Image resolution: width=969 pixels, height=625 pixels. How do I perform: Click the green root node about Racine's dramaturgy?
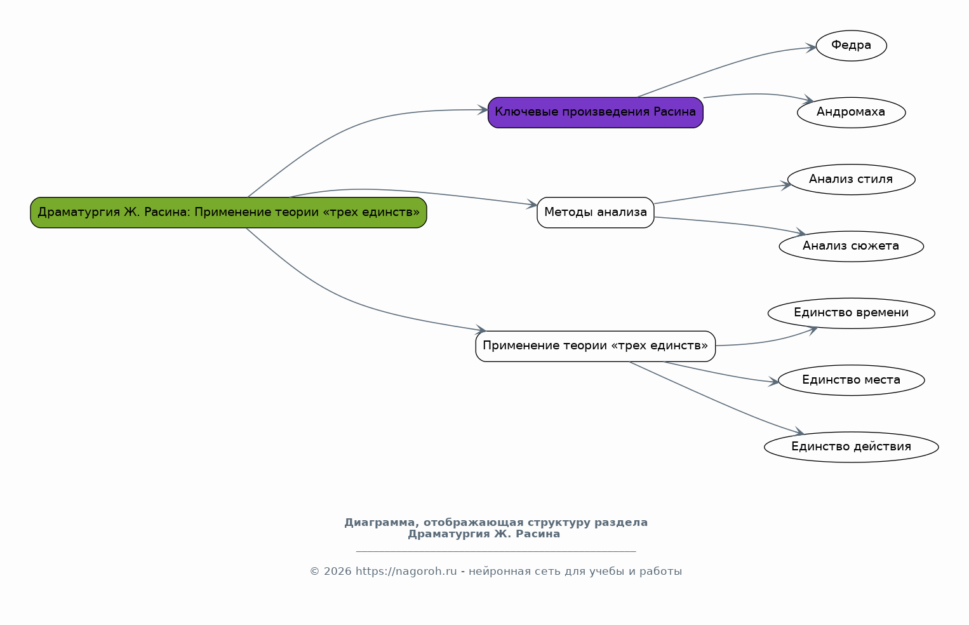click(229, 213)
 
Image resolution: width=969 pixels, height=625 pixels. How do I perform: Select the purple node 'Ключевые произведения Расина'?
click(596, 112)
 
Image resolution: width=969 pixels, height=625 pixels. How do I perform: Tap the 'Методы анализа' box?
click(596, 213)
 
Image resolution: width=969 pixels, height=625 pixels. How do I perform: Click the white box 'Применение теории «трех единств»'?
click(596, 346)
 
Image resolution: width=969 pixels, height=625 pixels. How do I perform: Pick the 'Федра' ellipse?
click(852, 46)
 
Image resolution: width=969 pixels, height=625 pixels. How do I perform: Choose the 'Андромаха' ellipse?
click(852, 112)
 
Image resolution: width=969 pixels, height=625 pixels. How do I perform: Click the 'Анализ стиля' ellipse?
click(852, 179)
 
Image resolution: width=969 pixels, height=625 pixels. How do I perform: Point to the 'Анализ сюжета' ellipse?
click(852, 246)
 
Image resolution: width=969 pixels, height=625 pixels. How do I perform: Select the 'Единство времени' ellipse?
click(852, 313)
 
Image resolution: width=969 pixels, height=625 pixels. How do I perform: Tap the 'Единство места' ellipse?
click(852, 380)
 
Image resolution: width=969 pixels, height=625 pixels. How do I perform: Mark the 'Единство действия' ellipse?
click(852, 447)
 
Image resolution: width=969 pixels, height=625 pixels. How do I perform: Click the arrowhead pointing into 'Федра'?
click(812, 48)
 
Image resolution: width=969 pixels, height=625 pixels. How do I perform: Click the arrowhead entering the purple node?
click(483, 110)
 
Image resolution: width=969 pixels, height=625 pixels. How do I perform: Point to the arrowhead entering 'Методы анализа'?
click(532, 205)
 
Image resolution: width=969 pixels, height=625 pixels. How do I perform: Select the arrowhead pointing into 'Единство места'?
click(773, 382)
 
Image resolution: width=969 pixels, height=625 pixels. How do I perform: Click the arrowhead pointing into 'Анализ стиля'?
click(786, 185)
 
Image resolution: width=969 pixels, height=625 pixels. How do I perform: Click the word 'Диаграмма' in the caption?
click(379, 523)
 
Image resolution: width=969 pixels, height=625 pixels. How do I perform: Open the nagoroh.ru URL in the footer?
click(406, 572)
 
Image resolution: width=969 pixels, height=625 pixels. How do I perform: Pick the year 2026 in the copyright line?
click(337, 572)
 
